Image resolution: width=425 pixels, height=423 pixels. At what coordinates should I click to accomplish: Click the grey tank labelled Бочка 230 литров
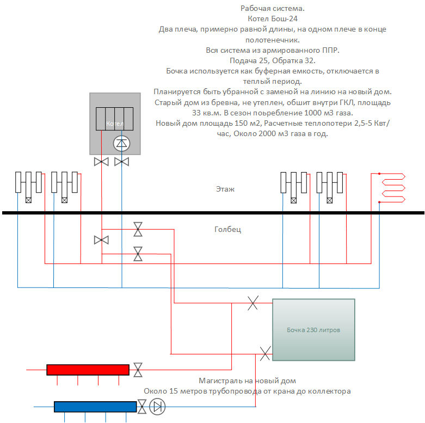click(313, 330)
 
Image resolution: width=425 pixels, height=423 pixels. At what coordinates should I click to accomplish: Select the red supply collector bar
click(88, 370)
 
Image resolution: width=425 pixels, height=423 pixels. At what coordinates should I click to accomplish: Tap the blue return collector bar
click(95, 407)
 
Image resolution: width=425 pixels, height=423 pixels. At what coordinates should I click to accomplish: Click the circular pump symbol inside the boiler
click(121, 143)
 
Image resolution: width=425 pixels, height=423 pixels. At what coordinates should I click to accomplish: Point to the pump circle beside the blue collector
click(157, 407)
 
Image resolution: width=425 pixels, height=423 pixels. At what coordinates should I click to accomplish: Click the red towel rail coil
click(393, 188)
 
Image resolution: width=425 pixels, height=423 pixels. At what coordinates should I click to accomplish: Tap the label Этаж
click(225, 189)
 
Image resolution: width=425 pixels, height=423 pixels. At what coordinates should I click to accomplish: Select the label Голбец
click(227, 229)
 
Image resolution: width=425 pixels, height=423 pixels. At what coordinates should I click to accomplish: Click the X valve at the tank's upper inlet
click(253, 303)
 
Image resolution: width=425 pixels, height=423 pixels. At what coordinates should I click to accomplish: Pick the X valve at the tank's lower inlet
click(265, 354)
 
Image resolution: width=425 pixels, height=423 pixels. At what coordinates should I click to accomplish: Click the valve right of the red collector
click(138, 370)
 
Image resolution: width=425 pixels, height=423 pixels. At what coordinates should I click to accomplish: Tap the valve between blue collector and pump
click(142, 407)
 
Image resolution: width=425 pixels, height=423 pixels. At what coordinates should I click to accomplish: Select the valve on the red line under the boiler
click(101, 162)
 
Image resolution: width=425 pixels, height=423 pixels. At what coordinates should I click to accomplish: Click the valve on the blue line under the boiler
click(122, 162)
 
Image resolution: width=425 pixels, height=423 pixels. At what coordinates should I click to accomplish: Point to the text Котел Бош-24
click(273, 19)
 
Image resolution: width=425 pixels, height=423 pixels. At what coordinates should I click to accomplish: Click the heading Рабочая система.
click(273, 8)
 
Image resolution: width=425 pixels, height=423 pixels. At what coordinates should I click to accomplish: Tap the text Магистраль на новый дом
click(247, 381)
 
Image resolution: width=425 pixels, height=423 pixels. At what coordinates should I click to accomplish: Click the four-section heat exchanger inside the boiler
click(114, 119)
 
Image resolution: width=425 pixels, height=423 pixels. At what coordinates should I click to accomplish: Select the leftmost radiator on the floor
click(28, 187)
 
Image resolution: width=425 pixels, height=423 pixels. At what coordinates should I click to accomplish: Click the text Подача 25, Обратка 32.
click(273, 60)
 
